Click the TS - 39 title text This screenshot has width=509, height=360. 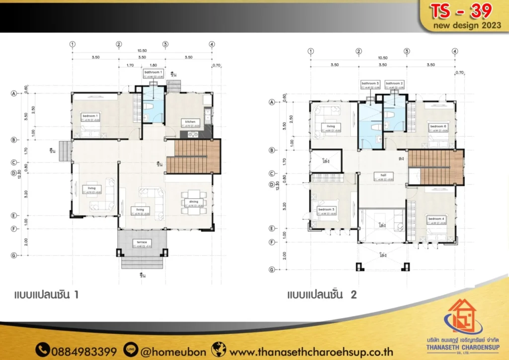pos(461,10)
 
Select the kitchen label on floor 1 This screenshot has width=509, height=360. pos(190,121)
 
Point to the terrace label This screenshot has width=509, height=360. pos(142,242)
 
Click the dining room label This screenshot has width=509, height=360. pos(193,202)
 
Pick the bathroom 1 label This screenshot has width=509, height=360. pos(154,73)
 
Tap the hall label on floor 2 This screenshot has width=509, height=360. pos(383,176)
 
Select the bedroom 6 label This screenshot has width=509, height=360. pos(438,127)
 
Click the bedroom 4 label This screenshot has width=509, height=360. pos(436,219)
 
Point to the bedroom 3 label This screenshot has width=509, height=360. pos(327,209)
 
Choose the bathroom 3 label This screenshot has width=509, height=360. pos(370,83)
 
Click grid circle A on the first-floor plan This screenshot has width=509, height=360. pos(14,93)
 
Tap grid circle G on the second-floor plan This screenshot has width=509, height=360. pos(272,270)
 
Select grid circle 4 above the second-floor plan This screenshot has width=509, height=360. pos(455,51)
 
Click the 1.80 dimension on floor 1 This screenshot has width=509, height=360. pos(154,65)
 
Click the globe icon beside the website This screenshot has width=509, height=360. pos(219,351)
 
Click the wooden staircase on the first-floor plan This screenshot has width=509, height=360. pos(193,156)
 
